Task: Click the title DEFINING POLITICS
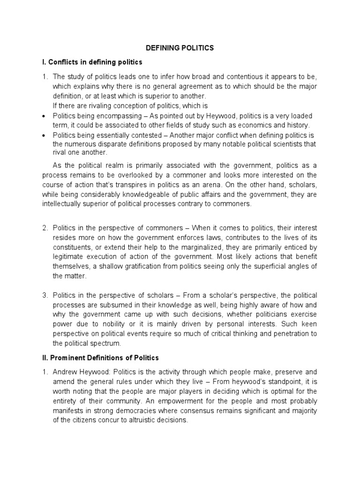click(x=180, y=48)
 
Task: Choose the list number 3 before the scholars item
click(x=45, y=295)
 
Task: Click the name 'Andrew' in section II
click(x=65, y=372)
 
